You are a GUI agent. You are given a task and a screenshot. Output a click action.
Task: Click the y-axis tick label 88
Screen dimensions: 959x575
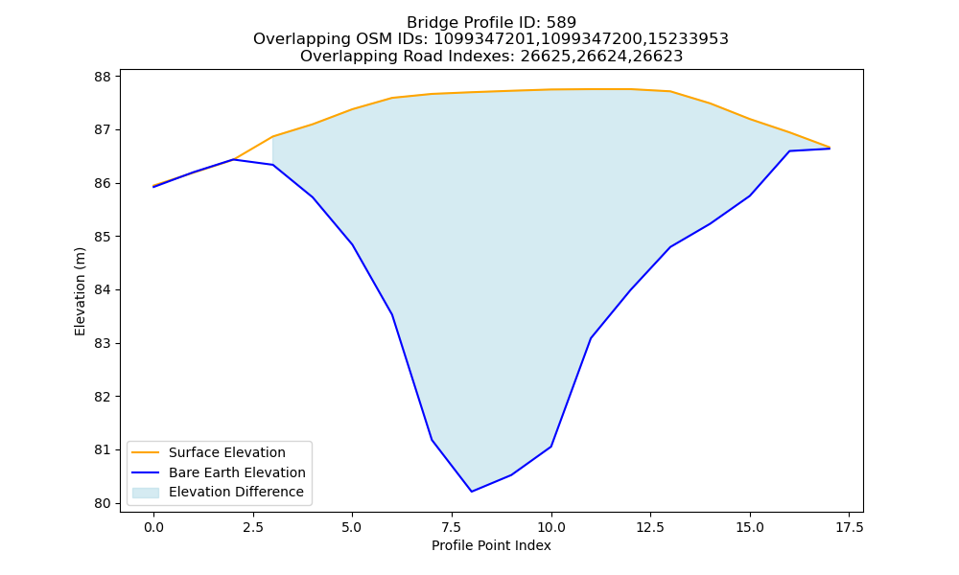(x=103, y=77)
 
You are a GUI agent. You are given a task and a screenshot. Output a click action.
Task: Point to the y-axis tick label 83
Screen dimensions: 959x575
(x=103, y=343)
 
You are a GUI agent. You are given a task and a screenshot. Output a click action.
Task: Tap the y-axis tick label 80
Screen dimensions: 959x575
(x=103, y=503)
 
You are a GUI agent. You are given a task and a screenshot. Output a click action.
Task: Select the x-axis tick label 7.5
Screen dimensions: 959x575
(x=452, y=527)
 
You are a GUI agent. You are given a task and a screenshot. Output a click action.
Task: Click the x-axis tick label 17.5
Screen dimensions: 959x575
(x=849, y=527)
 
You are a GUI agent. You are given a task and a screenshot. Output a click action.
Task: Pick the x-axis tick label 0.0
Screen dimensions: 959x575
(x=153, y=527)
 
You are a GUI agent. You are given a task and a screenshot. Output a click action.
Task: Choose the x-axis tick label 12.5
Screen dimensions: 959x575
(x=650, y=527)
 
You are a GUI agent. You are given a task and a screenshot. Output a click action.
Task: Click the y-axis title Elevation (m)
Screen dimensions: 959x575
(x=81, y=291)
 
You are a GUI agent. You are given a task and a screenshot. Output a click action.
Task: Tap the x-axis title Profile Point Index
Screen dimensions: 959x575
(x=491, y=545)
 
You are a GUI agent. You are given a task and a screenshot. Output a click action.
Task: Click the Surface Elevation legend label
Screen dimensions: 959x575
(x=227, y=452)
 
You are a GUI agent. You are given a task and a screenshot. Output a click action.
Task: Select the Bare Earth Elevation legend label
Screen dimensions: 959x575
(x=237, y=472)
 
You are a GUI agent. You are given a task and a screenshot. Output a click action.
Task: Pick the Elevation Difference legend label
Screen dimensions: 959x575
(x=236, y=492)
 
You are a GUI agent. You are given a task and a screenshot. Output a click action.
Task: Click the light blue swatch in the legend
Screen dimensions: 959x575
(x=146, y=493)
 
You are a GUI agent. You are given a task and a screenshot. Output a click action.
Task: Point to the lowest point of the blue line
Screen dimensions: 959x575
(x=472, y=492)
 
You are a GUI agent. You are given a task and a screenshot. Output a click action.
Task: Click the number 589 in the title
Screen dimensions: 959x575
(x=561, y=23)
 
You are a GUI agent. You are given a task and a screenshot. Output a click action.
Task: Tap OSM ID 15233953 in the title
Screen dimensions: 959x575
(x=689, y=39)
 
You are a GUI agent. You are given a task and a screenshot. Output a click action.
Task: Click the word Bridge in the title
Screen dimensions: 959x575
(x=428, y=23)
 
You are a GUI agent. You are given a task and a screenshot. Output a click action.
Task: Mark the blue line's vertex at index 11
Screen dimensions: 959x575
(x=591, y=338)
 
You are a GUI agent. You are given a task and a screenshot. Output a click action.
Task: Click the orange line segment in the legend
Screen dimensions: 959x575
(x=146, y=452)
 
